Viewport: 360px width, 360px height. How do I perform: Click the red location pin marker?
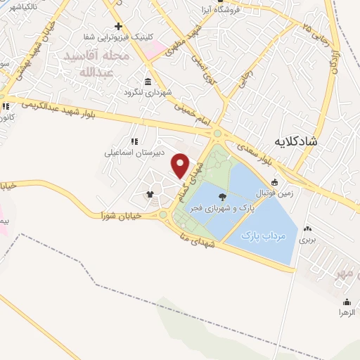(181, 165)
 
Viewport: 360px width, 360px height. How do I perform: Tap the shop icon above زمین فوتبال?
(274, 182)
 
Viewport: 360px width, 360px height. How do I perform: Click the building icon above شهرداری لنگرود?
(148, 82)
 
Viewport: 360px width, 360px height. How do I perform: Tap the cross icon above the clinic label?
(120, 27)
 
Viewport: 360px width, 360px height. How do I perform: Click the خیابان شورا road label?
(120, 215)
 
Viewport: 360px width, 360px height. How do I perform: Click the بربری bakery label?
(307, 240)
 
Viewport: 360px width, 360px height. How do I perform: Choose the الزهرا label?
(345, 311)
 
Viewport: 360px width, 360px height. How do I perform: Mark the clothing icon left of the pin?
(150, 193)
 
